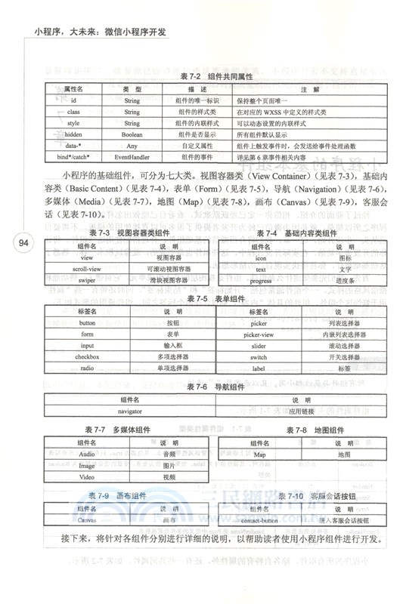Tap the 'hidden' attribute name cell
click(x=73, y=133)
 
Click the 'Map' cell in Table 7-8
click(x=260, y=455)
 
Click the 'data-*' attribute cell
click(x=73, y=145)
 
